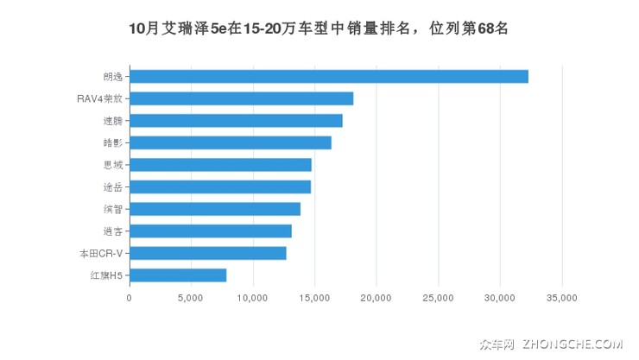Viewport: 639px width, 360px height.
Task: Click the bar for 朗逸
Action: click(x=328, y=76)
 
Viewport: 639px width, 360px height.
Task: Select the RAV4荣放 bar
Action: click(x=241, y=98)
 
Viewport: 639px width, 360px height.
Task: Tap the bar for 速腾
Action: click(x=236, y=120)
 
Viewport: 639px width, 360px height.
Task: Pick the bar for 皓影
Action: click(x=230, y=142)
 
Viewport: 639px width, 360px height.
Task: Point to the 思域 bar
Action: click(x=220, y=164)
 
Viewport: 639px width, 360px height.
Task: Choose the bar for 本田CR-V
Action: click(x=207, y=253)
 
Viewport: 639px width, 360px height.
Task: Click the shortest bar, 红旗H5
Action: click(x=178, y=275)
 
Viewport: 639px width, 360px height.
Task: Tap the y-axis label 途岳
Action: click(x=112, y=186)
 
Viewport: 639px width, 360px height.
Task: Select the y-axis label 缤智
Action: click(x=112, y=209)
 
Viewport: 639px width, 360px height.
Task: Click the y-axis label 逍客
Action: click(x=112, y=231)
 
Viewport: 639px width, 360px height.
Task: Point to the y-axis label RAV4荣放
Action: click(x=99, y=98)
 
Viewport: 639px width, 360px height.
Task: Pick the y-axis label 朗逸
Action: click(x=112, y=76)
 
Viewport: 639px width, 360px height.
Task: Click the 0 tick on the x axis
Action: click(x=130, y=298)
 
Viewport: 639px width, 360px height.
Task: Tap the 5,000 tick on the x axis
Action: click(x=191, y=298)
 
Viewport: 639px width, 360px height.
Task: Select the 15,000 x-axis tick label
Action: click(x=314, y=298)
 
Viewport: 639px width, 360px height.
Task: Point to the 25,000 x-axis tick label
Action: click(x=438, y=298)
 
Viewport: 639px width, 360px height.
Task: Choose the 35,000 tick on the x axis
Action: click(x=561, y=298)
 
